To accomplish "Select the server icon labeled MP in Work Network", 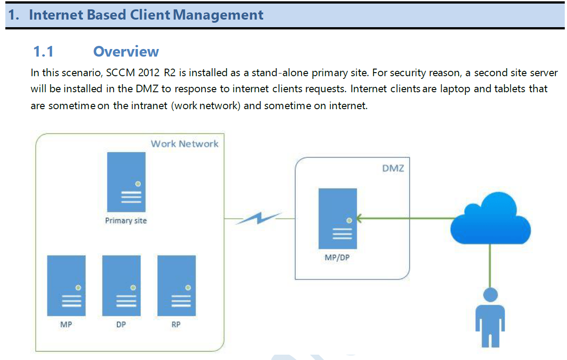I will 66,285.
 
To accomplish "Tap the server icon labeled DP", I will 121,285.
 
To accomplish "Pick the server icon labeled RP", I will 176,285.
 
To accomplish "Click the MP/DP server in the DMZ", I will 338,218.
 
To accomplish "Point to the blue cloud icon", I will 490,221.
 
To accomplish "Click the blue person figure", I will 490,316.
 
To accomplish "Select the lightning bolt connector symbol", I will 259,218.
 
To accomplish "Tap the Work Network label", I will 184,144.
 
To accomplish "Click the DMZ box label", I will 393,168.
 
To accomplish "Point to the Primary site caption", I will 126,221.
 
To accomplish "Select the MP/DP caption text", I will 337,258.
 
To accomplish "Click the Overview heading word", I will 126,52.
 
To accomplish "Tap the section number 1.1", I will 43,52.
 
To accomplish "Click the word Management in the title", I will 218,15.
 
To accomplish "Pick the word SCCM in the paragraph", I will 121,73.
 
